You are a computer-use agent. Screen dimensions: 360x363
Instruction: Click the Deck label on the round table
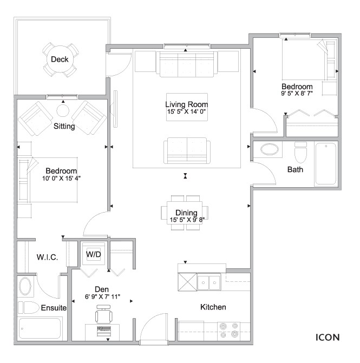[60, 60]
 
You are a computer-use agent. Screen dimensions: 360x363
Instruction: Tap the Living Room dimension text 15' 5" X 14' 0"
[186, 111]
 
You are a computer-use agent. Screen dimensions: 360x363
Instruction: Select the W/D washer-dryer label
[94, 254]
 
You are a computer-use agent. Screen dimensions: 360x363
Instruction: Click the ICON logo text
[328, 338]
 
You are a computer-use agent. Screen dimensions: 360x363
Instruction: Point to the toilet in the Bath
[300, 153]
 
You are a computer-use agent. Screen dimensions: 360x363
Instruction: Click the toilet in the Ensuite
[29, 307]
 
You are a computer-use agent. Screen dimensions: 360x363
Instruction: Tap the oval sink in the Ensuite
[25, 286]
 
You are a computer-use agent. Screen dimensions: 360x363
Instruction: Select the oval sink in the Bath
[270, 149]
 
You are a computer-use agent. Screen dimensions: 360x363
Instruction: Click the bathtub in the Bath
[326, 164]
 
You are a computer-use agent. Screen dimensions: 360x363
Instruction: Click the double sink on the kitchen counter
[209, 282]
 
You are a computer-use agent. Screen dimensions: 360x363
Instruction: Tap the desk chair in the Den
[104, 314]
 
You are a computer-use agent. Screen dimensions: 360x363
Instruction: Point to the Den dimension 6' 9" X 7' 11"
[102, 296]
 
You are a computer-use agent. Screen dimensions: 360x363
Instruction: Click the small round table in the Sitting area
[63, 111]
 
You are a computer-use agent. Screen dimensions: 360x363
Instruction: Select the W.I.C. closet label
[47, 257]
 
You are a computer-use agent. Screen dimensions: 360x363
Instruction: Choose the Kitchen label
[213, 307]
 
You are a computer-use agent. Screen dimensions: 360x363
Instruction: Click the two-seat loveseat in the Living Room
[187, 151]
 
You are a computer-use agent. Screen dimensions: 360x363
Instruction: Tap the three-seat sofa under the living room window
[187, 64]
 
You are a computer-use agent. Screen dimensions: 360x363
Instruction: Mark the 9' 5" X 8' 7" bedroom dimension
[297, 93]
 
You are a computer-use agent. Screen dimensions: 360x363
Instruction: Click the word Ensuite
[54, 308]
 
